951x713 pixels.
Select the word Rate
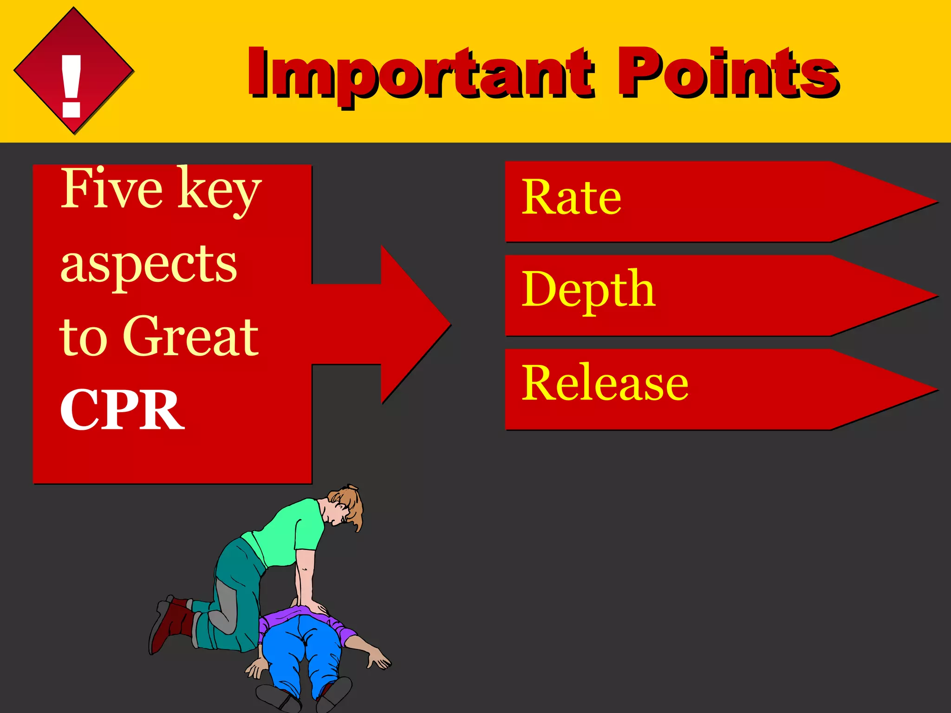(x=571, y=198)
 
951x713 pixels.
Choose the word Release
(x=605, y=383)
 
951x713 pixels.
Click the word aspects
(x=149, y=265)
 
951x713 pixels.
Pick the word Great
(x=190, y=337)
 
